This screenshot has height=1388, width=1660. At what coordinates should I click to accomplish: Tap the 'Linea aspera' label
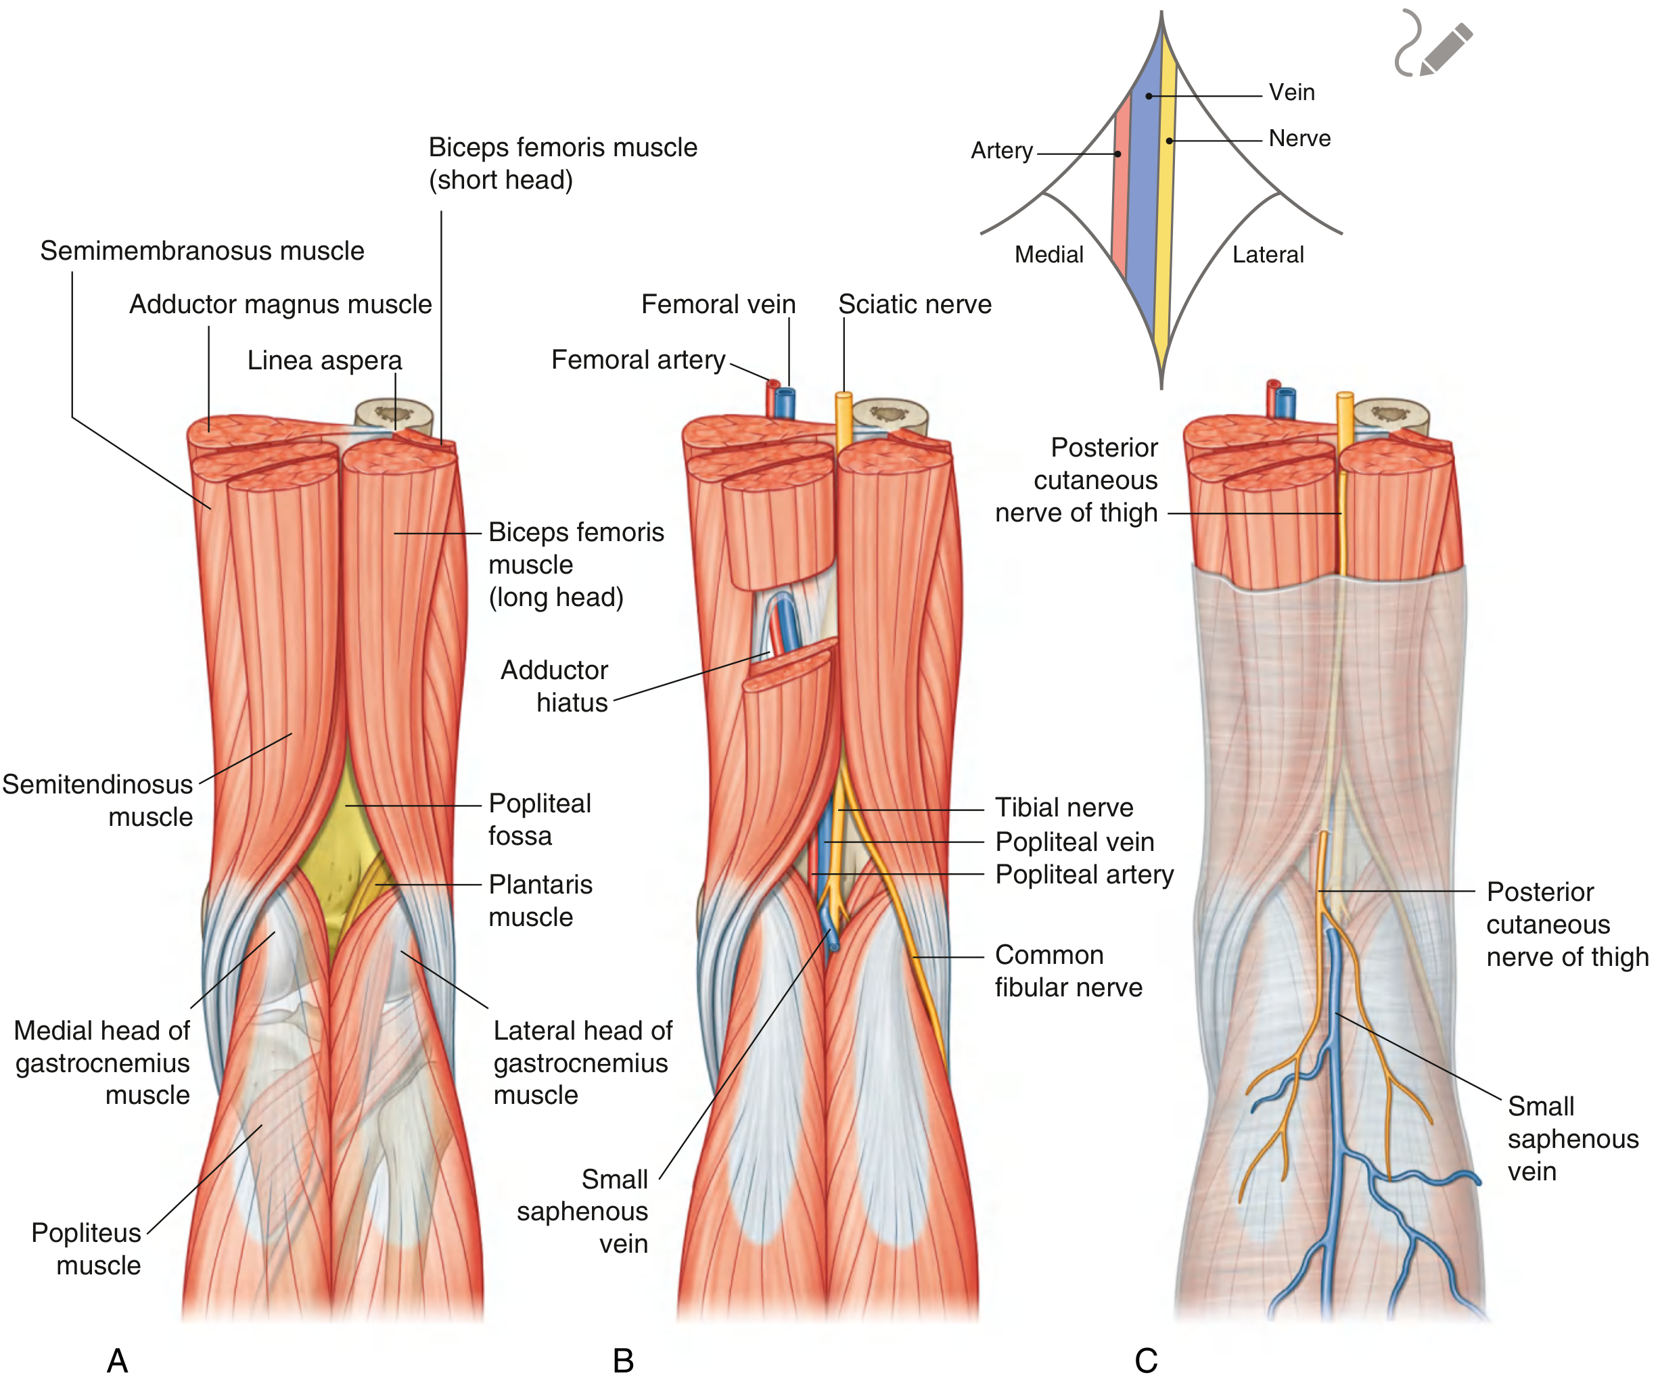[324, 361]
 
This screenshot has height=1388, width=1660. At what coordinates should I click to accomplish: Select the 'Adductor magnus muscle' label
[281, 304]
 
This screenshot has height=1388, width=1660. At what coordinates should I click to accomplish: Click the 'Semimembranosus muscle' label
[202, 252]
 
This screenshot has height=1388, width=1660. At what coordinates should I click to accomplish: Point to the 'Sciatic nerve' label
[915, 304]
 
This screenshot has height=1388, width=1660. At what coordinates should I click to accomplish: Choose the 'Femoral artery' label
[638, 360]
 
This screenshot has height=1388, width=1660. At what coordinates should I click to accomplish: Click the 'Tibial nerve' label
[1064, 808]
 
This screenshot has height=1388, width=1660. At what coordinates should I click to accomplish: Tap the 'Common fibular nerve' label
[1068, 971]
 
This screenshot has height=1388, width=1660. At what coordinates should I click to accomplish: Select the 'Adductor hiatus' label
[554, 686]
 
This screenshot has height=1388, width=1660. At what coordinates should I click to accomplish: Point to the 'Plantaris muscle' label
[540, 901]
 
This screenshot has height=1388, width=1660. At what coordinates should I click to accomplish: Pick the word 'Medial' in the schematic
[1049, 255]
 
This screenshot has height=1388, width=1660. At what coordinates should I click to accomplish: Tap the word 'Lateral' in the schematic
[1268, 255]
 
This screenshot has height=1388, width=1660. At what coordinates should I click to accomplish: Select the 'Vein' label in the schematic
[1291, 93]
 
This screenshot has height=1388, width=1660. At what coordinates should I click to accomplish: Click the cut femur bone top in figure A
[394, 413]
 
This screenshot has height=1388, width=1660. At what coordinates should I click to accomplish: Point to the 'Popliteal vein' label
[1074, 843]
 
